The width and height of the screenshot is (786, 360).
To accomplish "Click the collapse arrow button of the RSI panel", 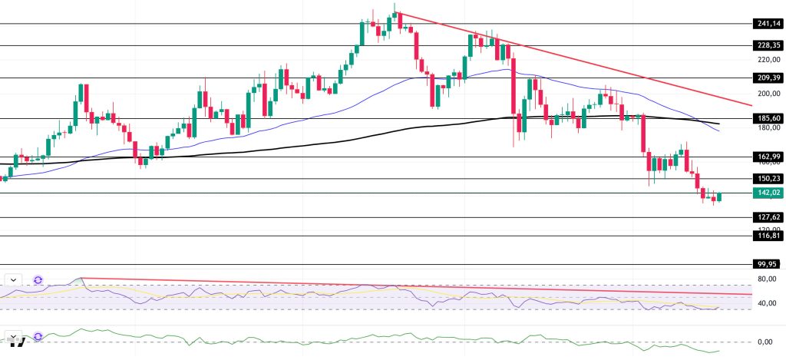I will pyautogui.click(x=15, y=280).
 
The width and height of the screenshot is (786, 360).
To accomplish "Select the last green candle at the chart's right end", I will pyautogui.click(x=720, y=197).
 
